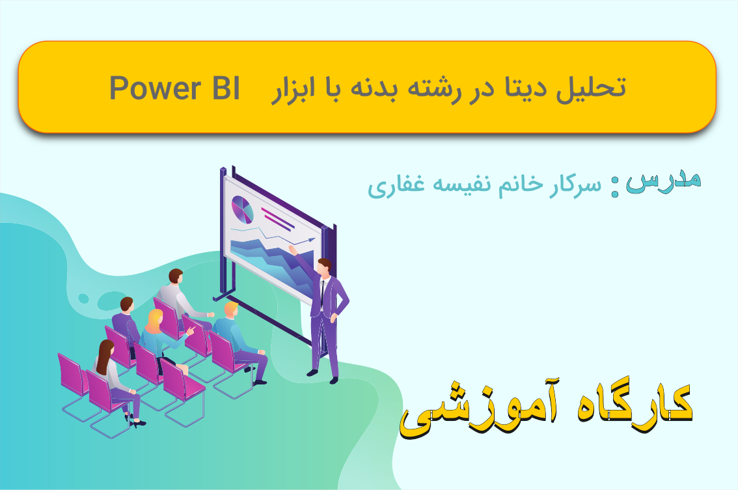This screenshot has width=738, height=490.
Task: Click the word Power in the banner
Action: point(156,89)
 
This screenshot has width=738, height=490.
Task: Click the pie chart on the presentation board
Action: point(242,209)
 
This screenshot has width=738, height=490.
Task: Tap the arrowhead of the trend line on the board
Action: point(312,240)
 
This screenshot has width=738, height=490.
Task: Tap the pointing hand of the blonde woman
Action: point(191,330)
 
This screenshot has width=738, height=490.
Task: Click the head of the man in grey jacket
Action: point(176,276)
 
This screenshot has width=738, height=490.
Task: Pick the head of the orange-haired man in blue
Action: point(231,310)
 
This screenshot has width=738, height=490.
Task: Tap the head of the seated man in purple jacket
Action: point(127,305)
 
